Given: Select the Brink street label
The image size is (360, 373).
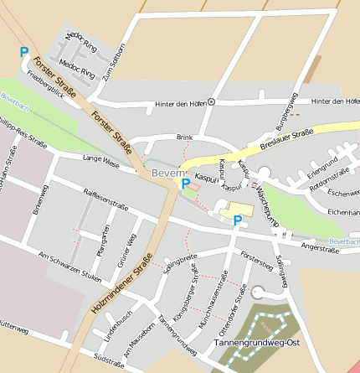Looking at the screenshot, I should (x=184, y=136).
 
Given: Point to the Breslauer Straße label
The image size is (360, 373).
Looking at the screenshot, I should (x=285, y=138).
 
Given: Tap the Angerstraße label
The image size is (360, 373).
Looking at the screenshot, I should (x=319, y=248).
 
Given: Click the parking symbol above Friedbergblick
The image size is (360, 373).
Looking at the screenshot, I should (x=24, y=52).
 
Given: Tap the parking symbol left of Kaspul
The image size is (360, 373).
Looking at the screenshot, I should (x=185, y=183).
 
